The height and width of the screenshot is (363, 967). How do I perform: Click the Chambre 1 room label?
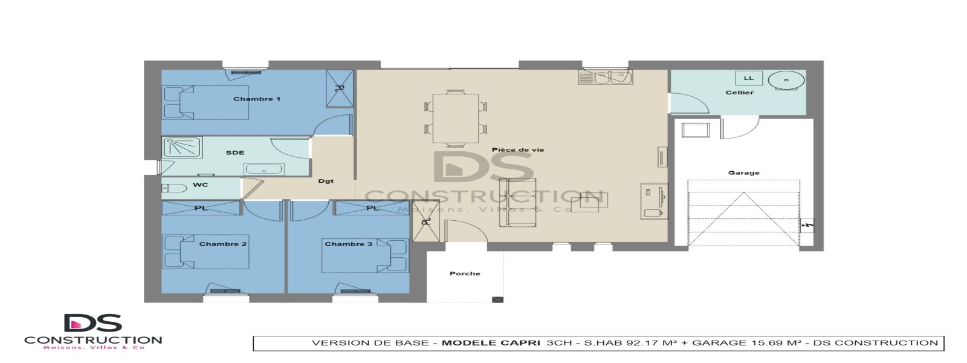point(257,99)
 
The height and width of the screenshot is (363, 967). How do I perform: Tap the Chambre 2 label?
point(222,244)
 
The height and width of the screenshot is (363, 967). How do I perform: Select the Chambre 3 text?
point(348,244)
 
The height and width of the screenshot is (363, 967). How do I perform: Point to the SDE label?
point(235,152)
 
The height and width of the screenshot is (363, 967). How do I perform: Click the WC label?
point(201,185)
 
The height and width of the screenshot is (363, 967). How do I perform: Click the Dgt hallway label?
point(326,181)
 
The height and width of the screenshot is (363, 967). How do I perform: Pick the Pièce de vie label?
point(517,149)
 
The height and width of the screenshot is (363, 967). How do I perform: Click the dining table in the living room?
point(456,119)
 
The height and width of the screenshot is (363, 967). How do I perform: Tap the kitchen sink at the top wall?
point(605,77)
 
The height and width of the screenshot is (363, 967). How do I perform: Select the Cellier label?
point(739,93)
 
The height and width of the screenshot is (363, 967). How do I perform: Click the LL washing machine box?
point(749,78)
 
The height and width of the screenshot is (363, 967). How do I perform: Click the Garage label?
point(743,172)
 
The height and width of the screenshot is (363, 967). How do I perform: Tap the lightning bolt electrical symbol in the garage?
point(807,226)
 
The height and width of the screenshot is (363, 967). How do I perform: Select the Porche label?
point(465,273)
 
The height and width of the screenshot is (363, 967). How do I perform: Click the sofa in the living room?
point(522,203)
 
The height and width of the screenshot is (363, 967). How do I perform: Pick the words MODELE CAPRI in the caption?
point(491,343)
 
